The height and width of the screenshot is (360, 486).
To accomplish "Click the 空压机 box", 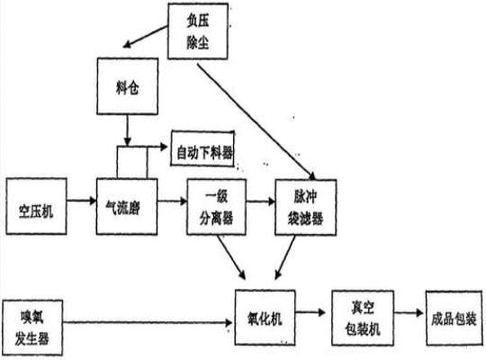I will tap(35, 204).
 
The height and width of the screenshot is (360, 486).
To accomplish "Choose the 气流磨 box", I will tap(127, 204).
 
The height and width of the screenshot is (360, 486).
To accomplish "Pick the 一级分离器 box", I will tap(214, 204).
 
